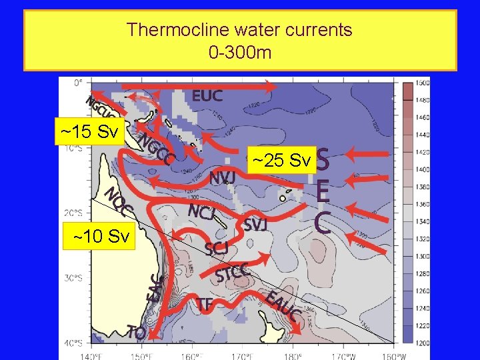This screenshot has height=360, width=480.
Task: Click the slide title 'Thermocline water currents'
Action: [239, 30]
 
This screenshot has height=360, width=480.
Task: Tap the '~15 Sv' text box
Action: [89, 131]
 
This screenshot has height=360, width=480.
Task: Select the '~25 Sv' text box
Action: [281, 161]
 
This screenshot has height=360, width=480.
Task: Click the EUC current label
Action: [207, 96]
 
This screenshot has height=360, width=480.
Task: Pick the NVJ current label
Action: [222, 178]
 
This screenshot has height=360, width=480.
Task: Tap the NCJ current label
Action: [201, 212]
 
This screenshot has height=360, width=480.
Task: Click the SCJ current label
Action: [217, 249]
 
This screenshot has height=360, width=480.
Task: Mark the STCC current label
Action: [233, 273]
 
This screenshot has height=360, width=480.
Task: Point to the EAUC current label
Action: [282, 306]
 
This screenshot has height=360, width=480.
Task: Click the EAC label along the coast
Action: [155, 287]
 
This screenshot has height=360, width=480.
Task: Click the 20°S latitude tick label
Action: [73, 213]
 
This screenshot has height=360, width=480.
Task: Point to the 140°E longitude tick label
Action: [91, 355]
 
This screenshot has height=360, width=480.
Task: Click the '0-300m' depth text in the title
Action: [239, 51]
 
